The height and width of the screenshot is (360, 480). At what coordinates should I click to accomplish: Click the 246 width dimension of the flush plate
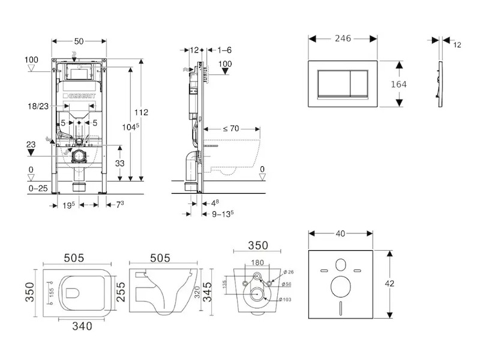343,38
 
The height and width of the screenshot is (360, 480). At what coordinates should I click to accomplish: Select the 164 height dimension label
398,84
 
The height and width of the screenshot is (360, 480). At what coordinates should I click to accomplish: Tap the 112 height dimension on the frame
142,112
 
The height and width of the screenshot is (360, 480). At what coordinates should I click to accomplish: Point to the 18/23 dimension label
38,106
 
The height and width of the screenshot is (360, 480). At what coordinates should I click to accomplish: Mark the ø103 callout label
286,299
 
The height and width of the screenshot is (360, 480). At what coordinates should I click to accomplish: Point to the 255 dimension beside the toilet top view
120,292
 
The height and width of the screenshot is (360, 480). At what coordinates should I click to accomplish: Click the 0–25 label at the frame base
37,188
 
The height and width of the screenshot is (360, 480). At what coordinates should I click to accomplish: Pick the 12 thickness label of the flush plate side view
457,45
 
